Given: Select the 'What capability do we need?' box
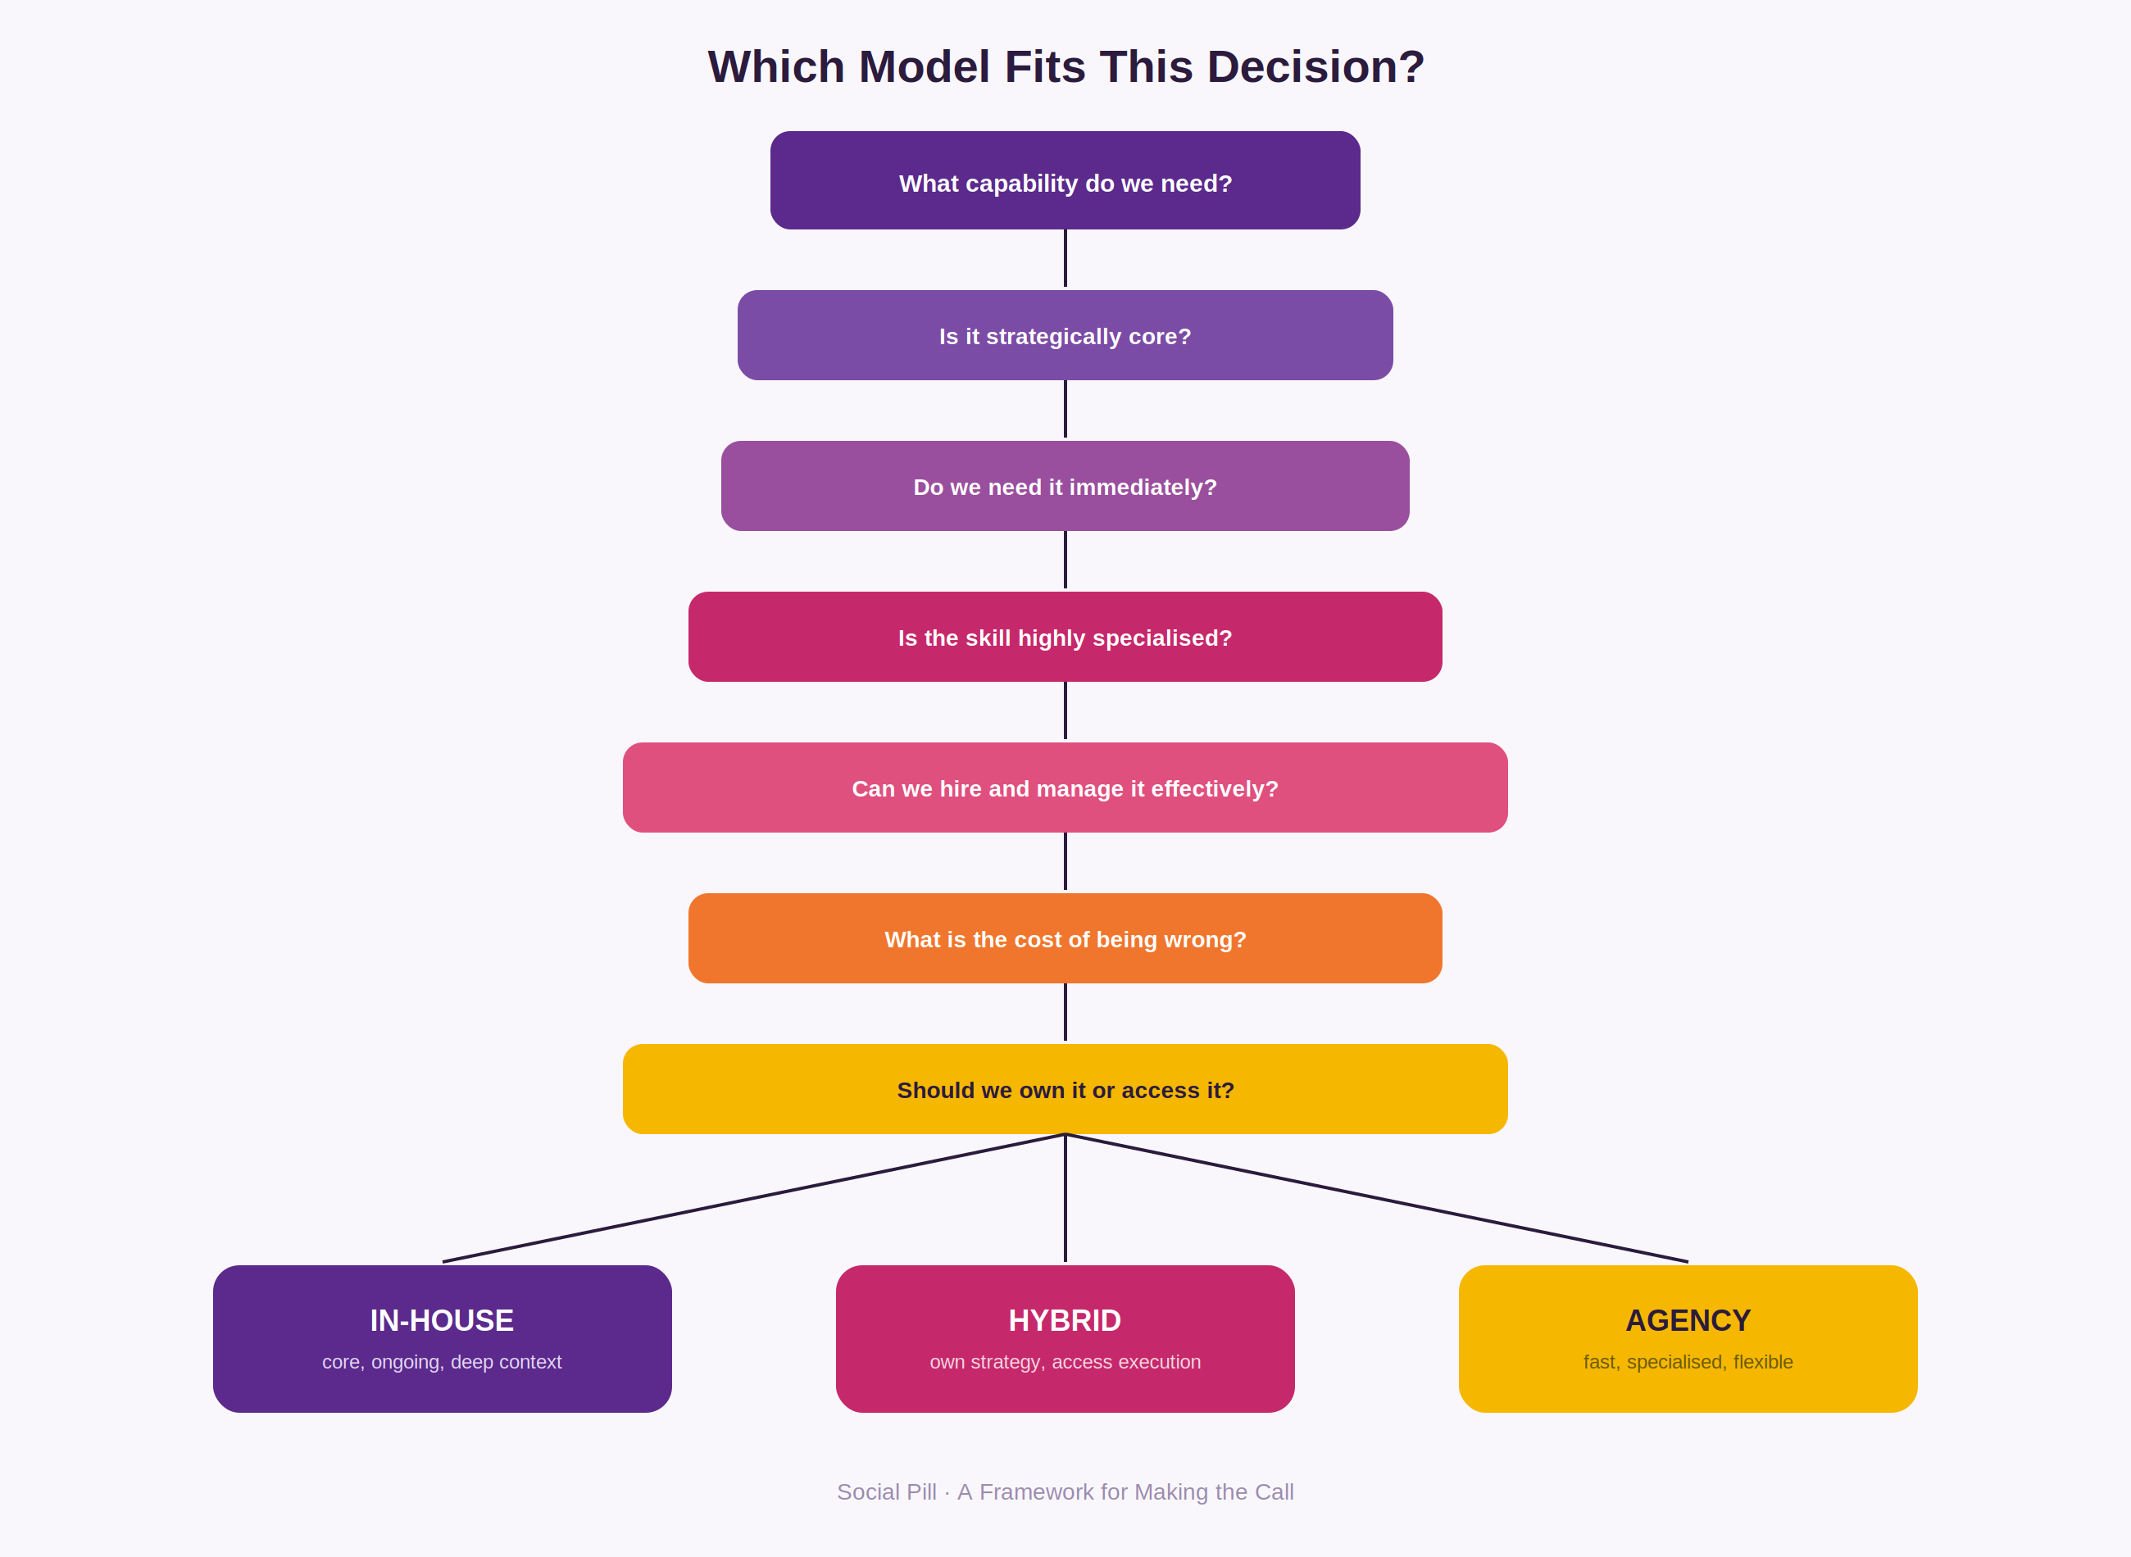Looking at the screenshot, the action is (1065, 180).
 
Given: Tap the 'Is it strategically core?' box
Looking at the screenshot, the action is (1065, 334).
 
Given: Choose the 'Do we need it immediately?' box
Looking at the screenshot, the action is (1065, 485).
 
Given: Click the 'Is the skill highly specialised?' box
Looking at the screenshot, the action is (1065, 636).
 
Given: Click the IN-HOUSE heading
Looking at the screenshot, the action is (442, 1320).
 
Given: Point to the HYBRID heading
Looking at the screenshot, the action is (1065, 1320).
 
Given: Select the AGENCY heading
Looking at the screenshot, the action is (1688, 1320).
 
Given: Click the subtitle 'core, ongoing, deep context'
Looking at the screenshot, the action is (442, 1362).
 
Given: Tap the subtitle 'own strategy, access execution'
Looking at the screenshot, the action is (1065, 1362).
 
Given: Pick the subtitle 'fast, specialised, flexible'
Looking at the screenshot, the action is (1688, 1362).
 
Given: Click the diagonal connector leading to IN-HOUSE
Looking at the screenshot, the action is (754, 1198).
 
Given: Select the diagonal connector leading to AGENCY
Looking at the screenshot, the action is (1377, 1198).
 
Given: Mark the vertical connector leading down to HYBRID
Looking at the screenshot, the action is (1065, 1198).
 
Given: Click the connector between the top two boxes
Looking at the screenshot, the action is (1065, 258).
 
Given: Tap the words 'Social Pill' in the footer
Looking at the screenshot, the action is (887, 1492).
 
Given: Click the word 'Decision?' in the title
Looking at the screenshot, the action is (1315, 67).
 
